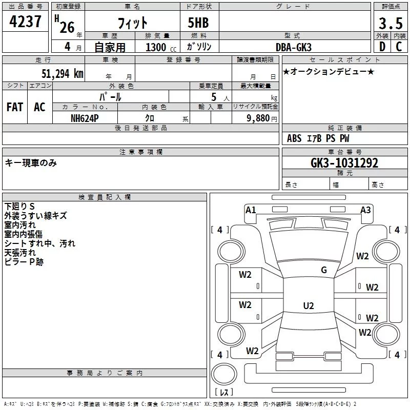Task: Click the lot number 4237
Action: tap(25, 22)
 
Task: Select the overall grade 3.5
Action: tap(391, 23)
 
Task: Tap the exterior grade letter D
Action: tap(382, 47)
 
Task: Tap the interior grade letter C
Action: tap(399, 47)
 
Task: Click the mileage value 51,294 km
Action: tap(62, 74)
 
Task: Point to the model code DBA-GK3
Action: tap(293, 47)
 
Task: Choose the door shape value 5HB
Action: tap(198, 23)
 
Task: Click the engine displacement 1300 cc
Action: tap(161, 47)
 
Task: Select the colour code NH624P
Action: tap(85, 118)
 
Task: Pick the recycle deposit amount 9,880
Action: tap(258, 118)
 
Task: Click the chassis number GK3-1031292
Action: tap(344, 163)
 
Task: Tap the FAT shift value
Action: tap(15, 107)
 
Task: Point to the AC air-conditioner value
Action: tap(39, 107)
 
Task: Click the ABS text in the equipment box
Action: tap(294, 138)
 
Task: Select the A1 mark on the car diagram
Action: tap(251, 210)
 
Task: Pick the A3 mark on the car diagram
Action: tap(365, 210)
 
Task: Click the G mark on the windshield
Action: tap(324, 270)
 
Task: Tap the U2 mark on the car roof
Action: tap(309, 305)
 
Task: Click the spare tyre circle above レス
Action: tap(224, 374)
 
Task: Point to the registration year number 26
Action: tap(67, 27)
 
